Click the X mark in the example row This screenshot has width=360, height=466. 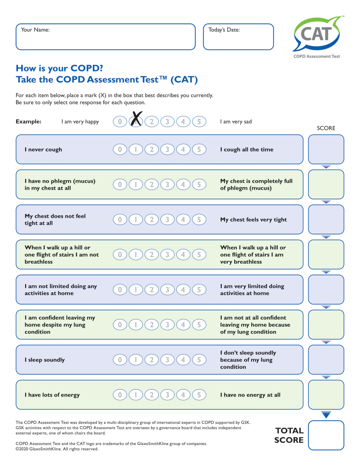click(x=136, y=119)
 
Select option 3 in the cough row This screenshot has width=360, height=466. click(x=167, y=150)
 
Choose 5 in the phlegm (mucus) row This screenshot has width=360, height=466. click(x=199, y=184)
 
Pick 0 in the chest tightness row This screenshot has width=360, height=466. click(x=120, y=220)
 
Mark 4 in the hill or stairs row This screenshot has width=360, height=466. click(x=183, y=255)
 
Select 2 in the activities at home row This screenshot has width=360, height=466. click(x=152, y=290)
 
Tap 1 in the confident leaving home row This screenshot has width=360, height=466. click(x=136, y=325)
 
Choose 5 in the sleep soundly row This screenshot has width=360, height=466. click(x=199, y=360)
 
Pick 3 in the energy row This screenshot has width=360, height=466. click(x=167, y=395)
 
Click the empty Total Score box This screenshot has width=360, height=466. click(x=326, y=435)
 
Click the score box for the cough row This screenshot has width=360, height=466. click(x=326, y=149)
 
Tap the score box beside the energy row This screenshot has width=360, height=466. click(x=326, y=394)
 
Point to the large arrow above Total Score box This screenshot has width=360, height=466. click(x=326, y=414)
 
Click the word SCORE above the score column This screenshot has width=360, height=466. click(x=326, y=128)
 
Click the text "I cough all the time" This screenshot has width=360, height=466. click(x=247, y=150)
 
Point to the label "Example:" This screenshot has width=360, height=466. click(x=29, y=122)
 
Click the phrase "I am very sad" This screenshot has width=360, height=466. click(x=236, y=122)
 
